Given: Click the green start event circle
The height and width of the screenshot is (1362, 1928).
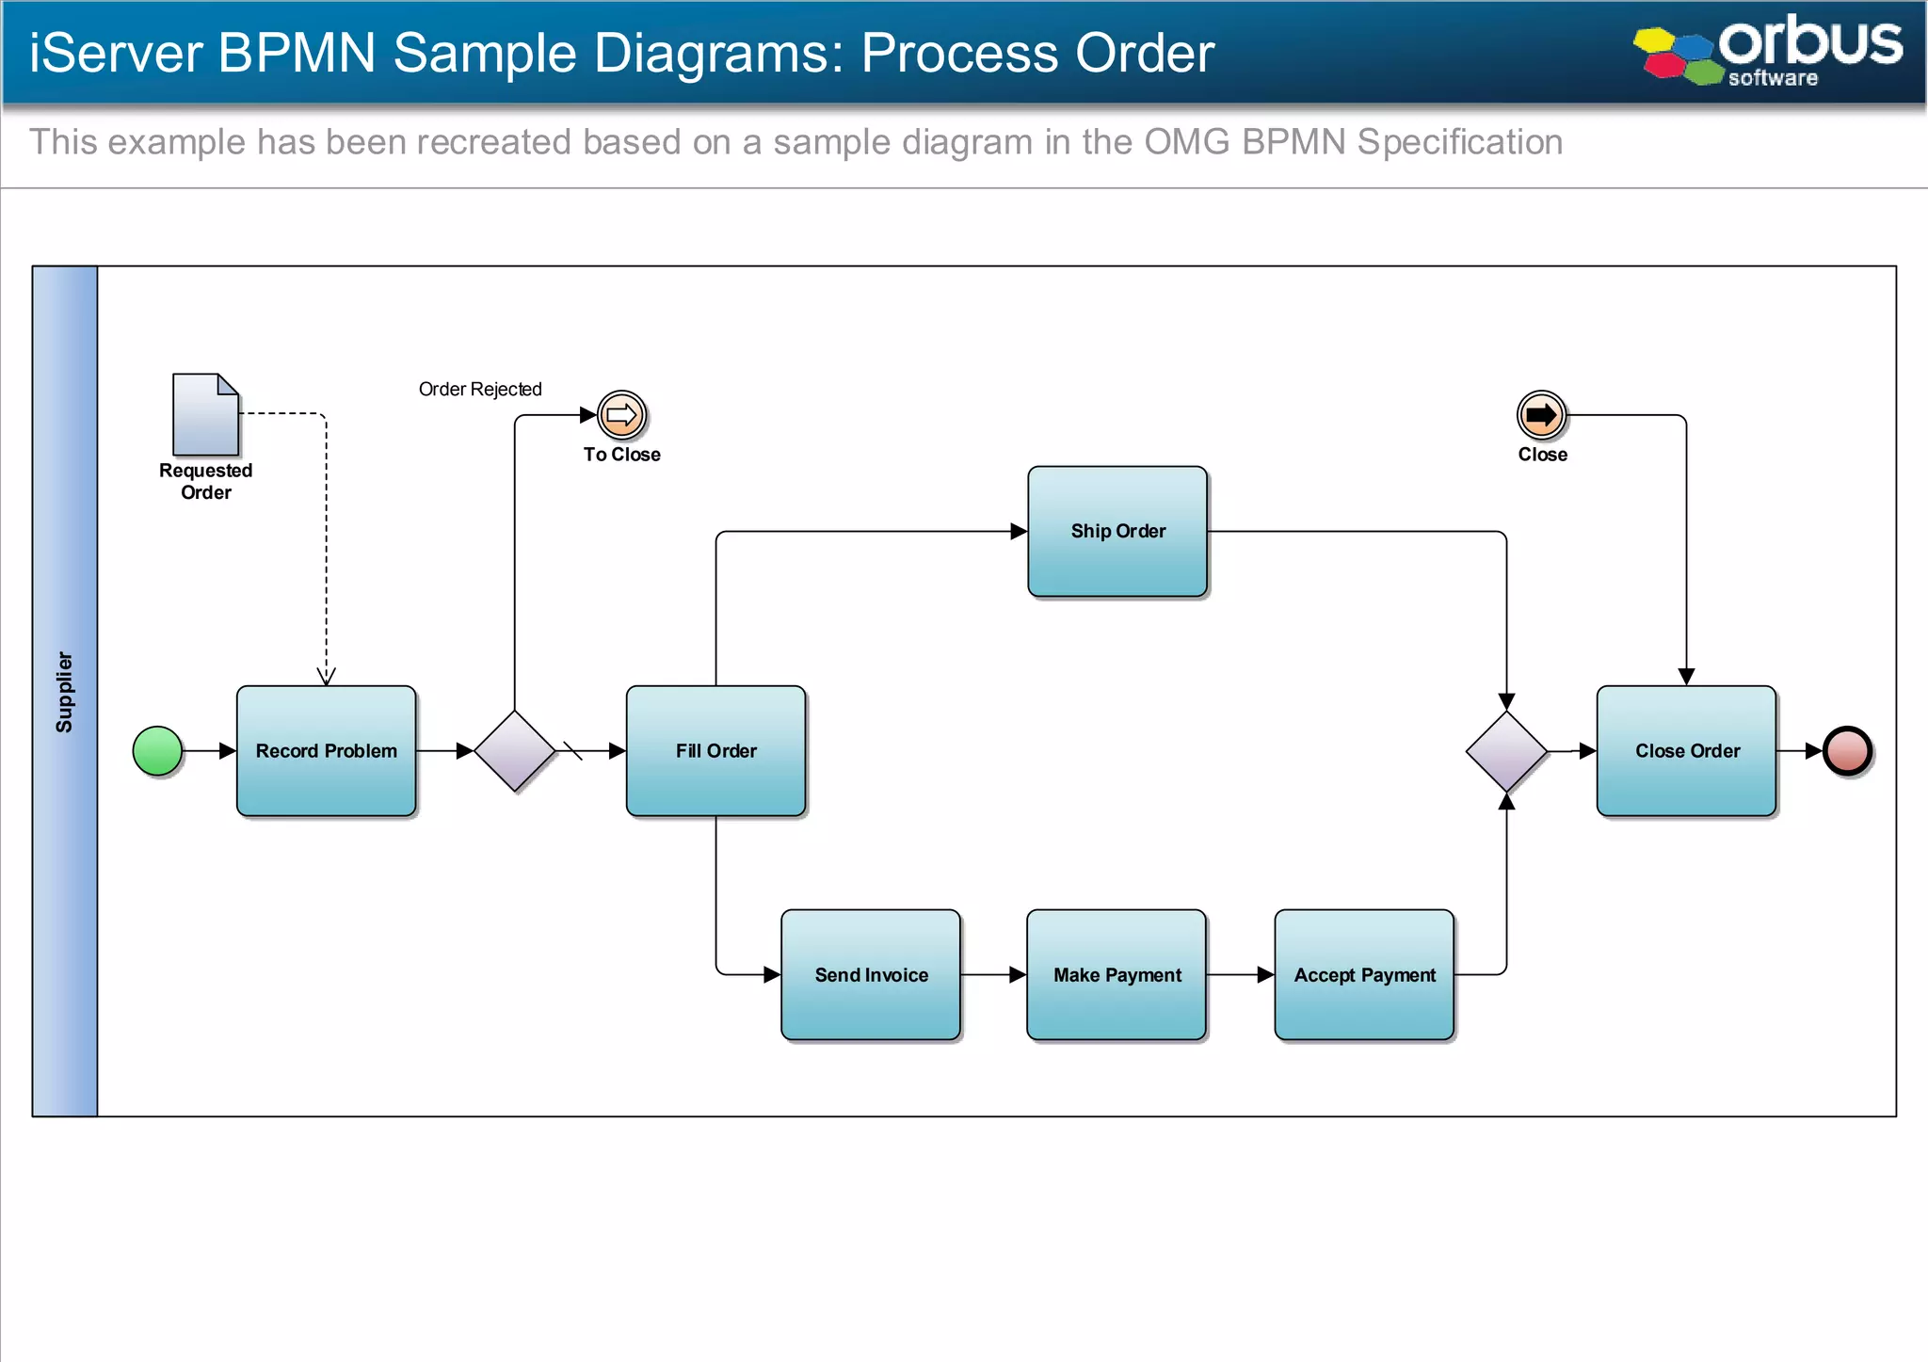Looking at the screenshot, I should tap(157, 751).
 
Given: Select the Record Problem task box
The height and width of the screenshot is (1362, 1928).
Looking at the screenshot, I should tap(326, 751).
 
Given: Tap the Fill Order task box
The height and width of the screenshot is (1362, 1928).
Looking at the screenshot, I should tap(715, 751).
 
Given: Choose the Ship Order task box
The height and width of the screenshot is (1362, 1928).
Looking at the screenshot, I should tap(1117, 531).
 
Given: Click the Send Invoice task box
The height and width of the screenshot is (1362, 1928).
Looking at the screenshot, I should tap(871, 975).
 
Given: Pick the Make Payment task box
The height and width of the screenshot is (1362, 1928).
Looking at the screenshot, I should tap(1117, 975).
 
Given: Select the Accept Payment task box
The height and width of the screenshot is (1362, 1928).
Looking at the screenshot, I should tap(1364, 975).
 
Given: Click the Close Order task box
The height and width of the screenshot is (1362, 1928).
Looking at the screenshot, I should tap(1686, 751).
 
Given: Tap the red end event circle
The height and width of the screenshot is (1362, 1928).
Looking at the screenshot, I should tap(1847, 751).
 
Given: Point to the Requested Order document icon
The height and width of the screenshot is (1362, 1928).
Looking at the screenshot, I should tap(205, 415).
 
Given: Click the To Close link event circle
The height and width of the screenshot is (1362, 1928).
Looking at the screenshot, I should tap(621, 415).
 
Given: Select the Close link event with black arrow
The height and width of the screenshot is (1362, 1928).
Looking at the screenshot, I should tap(1541, 415).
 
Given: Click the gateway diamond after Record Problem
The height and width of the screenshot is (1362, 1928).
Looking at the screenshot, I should tap(515, 751).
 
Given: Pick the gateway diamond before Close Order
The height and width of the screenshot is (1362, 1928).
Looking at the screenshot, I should tap(1506, 751).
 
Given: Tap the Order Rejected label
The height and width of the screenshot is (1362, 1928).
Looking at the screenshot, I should tap(480, 390).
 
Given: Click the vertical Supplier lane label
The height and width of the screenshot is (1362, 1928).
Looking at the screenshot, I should tap(64, 692).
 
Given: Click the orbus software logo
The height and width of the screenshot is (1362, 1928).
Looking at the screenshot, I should tap(1769, 51).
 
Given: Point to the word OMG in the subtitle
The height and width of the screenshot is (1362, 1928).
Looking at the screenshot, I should tap(1186, 142).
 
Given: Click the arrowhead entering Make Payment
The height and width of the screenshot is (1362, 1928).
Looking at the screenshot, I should tap(1018, 975).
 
